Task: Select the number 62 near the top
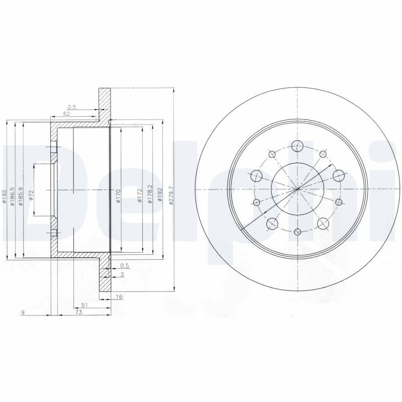tap(66, 114)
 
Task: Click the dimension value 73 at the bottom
tap(78, 313)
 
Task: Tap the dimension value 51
tap(84, 305)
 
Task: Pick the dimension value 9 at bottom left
tap(23, 313)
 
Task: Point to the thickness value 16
tap(119, 297)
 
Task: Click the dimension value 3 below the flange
tap(122, 274)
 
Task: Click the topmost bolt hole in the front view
tap(297, 146)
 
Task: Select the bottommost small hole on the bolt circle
tap(297, 232)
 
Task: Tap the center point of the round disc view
tap(297, 189)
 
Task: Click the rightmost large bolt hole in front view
tap(338, 175)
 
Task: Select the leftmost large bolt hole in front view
tap(257, 175)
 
